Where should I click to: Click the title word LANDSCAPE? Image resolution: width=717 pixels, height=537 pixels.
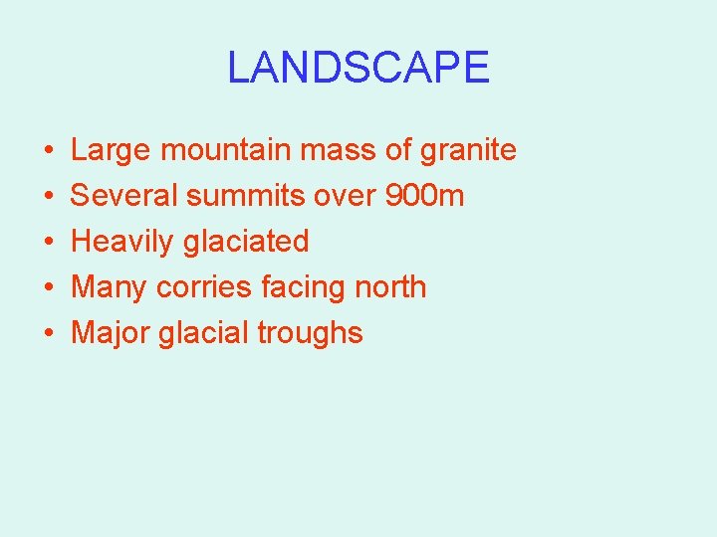pyautogui.click(x=358, y=68)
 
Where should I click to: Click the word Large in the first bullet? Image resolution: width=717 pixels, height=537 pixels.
pyautogui.click(x=111, y=151)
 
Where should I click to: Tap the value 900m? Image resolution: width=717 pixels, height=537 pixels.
pyautogui.click(x=424, y=196)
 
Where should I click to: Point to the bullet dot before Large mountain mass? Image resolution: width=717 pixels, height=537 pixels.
pyautogui.click(x=49, y=151)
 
